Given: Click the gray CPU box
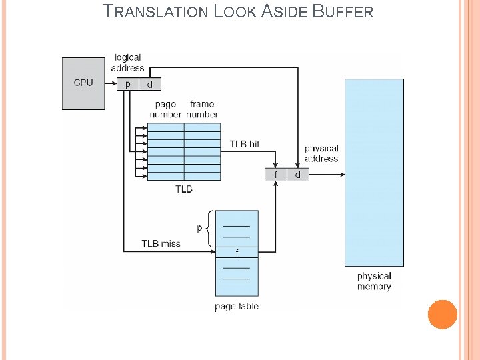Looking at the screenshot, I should coord(83,83).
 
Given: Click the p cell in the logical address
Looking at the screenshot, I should coord(127,85).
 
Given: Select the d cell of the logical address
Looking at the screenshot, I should coord(149,85).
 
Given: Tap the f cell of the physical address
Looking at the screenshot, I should coord(275,175).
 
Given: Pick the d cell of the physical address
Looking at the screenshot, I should coord(298,175).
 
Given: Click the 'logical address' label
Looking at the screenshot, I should coord(127,63).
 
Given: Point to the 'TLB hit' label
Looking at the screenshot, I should coord(245,144).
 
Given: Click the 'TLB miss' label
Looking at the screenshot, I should coord(161,243).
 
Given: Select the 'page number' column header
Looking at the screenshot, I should coord(165,109).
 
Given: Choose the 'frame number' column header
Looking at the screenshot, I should coord(202,109).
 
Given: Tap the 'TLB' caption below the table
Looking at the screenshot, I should coord(184,189).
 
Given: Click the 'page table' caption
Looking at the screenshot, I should coord(237,307).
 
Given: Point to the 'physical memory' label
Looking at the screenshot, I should coord(374,281).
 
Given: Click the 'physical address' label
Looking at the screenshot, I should coord(321,153).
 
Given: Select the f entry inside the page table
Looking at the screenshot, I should coord(237,253).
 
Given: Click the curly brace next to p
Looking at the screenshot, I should coord(210,228).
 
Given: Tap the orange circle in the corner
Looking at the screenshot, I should coord(442,314).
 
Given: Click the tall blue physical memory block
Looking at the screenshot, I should coord(374,172).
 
